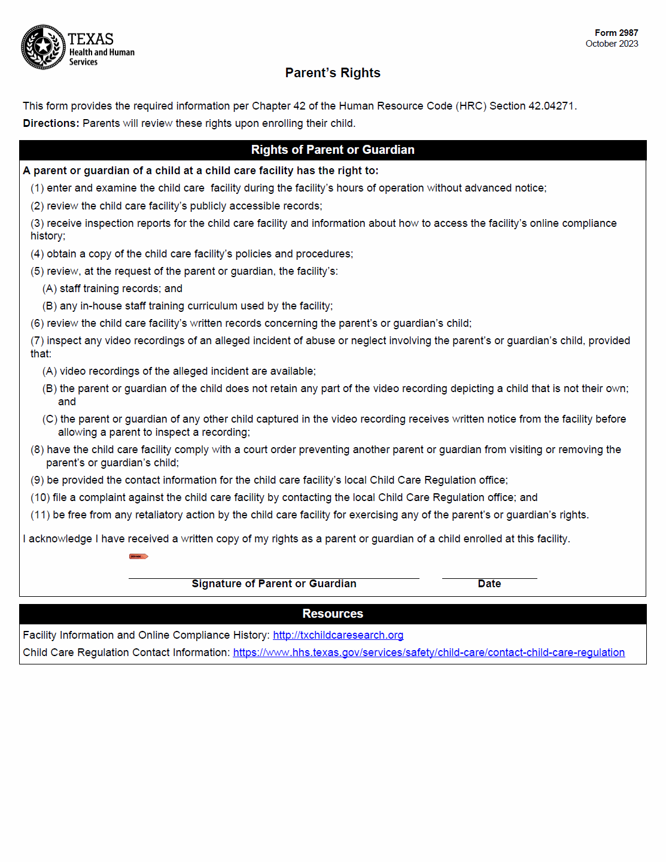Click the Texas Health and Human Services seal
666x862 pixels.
(x=43, y=47)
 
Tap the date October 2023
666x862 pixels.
(x=612, y=44)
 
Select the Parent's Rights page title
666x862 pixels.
(x=333, y=73)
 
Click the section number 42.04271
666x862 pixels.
(x=551, y=106)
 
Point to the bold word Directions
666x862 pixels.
(x=51, y=123)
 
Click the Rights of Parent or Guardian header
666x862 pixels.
(x=333, y=150)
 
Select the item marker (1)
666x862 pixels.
(x=37, y=188)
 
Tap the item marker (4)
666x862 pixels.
(x=37, y=254)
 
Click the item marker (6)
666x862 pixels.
(x=37, y=323)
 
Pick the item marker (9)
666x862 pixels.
(x=37, y=480)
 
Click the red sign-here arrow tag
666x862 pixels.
(x=138, y=557)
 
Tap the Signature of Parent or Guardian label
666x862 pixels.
(x=274, y=584)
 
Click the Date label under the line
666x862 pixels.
(x=489, y=584)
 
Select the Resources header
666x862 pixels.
(x=333, y=614)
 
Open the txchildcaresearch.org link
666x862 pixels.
(x=338, y=635)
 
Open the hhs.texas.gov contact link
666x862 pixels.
(x=428, y=652)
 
